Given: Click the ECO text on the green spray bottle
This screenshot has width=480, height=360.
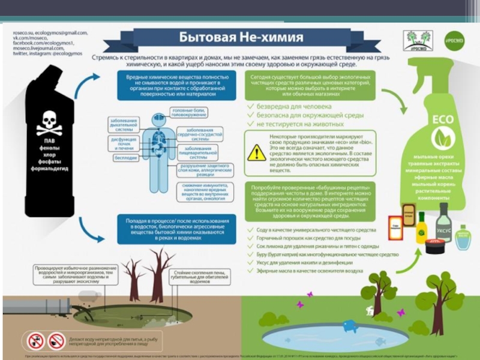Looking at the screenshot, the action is [443, 118].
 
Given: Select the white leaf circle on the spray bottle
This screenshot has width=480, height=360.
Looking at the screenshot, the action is [443, 139].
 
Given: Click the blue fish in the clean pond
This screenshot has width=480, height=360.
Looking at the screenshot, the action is [349, 325].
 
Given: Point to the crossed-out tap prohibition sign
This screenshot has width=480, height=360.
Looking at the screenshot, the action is [36, 341].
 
